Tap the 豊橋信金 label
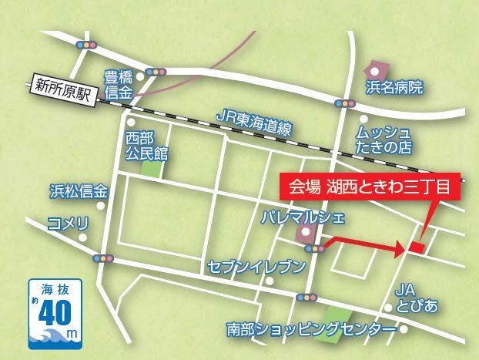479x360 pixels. point(119,84)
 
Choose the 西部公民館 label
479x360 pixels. point(146,144)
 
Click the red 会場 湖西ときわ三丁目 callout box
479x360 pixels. point(369,187)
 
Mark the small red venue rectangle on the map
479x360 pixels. point(417,247)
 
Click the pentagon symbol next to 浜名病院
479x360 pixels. point(374,69)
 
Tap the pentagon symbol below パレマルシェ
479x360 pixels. point(306,232)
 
